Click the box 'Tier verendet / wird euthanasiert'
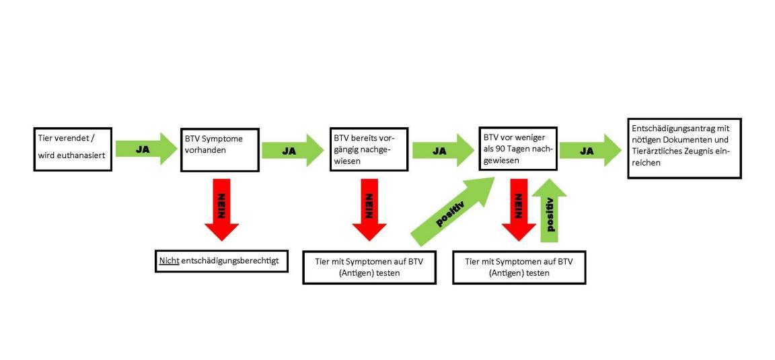(73, 148)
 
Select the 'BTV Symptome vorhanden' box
(220, 149)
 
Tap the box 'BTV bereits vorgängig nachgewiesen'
(369, 149)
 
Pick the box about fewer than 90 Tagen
(517, 149)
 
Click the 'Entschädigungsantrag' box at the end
(684, 149)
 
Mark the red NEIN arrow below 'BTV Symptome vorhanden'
(220, 209)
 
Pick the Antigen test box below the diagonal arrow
(369, 268)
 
